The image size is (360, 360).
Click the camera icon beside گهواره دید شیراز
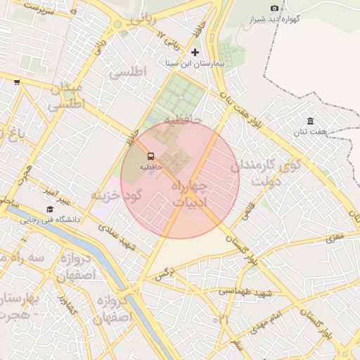point(274,8)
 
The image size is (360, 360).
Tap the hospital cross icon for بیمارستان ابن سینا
point(195,52)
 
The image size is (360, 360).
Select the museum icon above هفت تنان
point(310,122)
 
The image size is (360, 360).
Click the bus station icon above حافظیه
point(150,156)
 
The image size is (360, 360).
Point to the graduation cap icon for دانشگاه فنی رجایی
point(50,209)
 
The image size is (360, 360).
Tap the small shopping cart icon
point(17,82)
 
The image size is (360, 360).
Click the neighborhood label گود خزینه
point(117,193)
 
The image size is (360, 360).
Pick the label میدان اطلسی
point(65,96)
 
